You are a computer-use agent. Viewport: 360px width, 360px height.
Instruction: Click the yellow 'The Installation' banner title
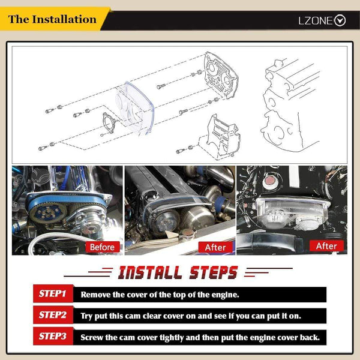point(52,19)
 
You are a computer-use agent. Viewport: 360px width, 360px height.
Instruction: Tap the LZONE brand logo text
point(316,20)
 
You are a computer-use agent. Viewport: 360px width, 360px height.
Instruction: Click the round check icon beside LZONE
point(340,20)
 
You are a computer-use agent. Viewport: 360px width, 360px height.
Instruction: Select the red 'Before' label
point(103,247)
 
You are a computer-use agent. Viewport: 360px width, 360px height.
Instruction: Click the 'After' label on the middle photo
point(215,247)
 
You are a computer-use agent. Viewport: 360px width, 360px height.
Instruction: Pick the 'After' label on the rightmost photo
point(326,246)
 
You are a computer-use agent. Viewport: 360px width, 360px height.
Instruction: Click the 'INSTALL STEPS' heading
point(178,272)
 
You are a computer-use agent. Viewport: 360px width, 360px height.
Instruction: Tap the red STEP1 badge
point(53,293)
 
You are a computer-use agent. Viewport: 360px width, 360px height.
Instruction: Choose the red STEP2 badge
point(53,315)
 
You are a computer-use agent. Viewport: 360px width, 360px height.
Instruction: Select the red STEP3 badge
point(53,336)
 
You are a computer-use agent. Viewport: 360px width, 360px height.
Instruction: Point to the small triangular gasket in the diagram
point(108,123)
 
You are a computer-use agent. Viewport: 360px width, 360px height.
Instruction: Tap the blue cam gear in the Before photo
point(47,213)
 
